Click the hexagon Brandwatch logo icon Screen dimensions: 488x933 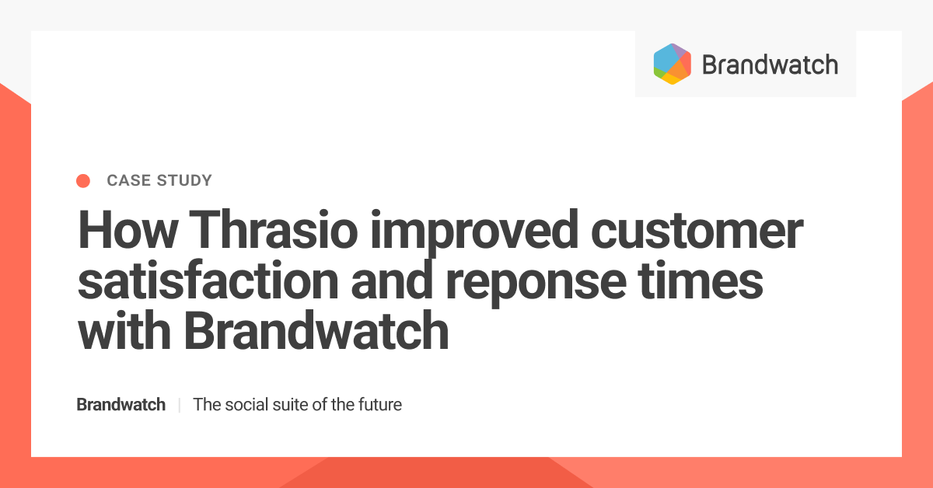point(673,64)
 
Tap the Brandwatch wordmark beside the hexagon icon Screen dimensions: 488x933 point(770,64)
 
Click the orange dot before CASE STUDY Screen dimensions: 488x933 point(83,181)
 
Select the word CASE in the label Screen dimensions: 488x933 point(125,181)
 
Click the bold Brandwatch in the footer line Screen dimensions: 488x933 point(121,405)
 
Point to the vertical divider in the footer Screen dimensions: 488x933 point(180,405)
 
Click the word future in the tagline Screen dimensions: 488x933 point(379,405)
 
